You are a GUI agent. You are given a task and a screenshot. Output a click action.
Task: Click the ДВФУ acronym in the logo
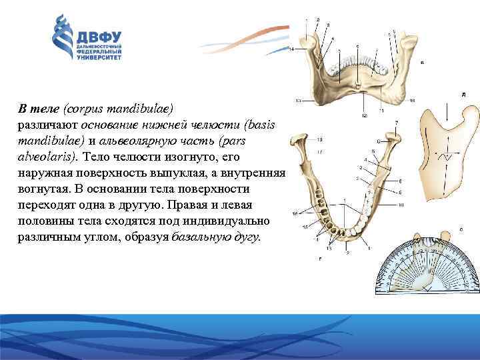(98, 35)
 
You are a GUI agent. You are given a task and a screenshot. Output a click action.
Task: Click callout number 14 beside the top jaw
(291, 49)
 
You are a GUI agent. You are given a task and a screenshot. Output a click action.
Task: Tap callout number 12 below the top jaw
(364, 115)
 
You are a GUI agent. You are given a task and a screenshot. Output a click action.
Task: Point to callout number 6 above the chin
(357, 45)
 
